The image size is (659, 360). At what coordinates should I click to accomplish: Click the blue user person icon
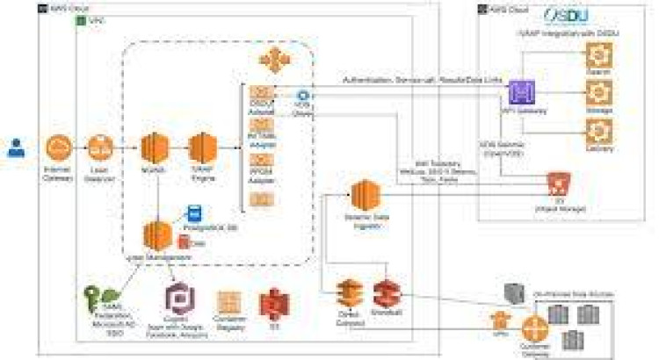coord(16,148)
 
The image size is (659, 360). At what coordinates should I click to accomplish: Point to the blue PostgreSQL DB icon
coord(193,212)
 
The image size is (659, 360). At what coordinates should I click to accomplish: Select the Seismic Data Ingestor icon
coord(363,195)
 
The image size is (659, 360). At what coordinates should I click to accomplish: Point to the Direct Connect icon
coord(349,293)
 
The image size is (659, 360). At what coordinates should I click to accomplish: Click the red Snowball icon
coord(386,293)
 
